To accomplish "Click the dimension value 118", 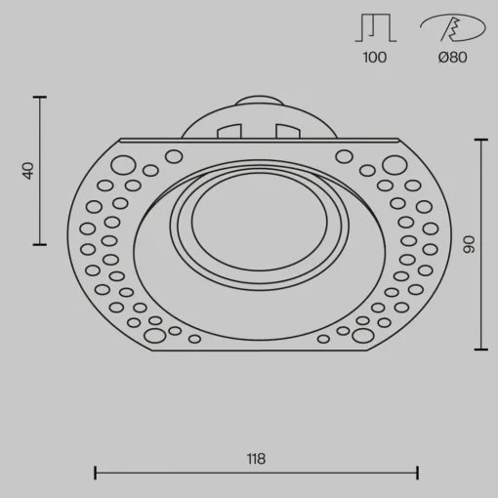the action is [256, 459].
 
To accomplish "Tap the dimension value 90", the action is [469, 244].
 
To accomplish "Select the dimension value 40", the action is [28, 171].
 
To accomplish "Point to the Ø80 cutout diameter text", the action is [452, 58].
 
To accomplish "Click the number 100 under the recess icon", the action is [375, 58].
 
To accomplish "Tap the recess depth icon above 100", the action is [376, 27].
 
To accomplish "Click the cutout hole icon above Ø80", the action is [452, 27].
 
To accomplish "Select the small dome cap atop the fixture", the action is [259, 101].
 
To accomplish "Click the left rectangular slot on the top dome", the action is [229, 131].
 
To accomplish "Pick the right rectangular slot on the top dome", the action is [288, 131].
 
